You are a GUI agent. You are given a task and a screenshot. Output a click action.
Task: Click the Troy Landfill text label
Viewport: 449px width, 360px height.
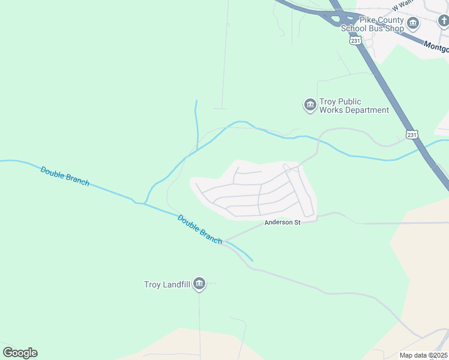167,284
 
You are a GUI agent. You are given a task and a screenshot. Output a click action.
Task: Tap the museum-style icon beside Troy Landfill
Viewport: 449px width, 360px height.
199,284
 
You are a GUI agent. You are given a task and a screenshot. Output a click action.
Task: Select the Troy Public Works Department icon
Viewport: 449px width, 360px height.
310,106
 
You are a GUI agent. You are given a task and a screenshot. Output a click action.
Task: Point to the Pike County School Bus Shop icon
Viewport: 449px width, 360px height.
413,24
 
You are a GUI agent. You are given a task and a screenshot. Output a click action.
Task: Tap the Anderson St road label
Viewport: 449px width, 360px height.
282,223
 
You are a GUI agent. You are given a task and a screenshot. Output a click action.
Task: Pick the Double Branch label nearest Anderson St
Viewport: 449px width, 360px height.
199,229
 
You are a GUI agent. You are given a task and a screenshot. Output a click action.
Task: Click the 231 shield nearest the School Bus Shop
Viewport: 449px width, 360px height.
355,40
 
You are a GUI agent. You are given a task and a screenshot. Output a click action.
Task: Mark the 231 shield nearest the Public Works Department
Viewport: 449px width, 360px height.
411,135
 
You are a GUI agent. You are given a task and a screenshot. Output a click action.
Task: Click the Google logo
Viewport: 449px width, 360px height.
20,352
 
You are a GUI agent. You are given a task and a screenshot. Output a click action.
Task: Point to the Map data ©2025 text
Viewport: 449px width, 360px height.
424,355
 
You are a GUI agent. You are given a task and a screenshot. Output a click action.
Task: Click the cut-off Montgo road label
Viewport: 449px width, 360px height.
436,47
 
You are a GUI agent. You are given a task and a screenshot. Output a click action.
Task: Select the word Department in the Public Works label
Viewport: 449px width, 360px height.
367,110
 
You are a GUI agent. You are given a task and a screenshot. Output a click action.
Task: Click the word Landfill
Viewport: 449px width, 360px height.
178,284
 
